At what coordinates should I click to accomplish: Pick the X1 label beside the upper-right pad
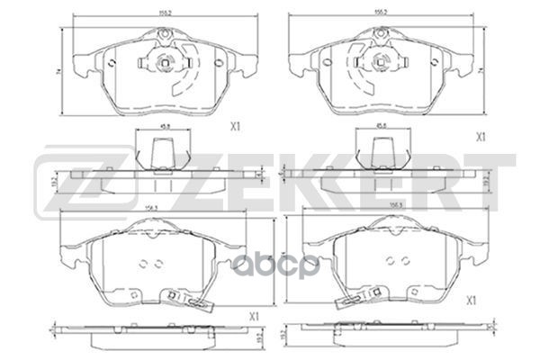coord(481,137)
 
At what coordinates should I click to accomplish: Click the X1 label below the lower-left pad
coord(254,315)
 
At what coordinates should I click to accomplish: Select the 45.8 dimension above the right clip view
coord(382,126)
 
